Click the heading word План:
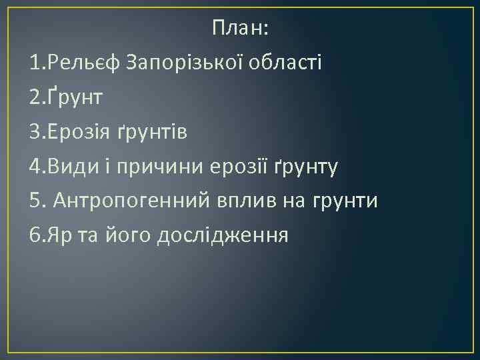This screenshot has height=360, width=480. pyautogui.click(x=241, y=28)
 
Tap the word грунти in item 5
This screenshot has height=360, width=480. pyautogui.click(x=345, y=201)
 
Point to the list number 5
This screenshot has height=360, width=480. pyautogui.click(x=35, y=201)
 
